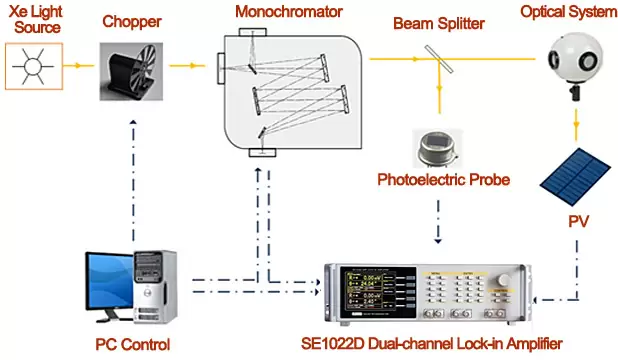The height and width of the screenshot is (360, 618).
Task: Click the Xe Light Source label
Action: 33,20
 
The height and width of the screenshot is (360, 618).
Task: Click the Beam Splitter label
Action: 439,22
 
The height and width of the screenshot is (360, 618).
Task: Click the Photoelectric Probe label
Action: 437,180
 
